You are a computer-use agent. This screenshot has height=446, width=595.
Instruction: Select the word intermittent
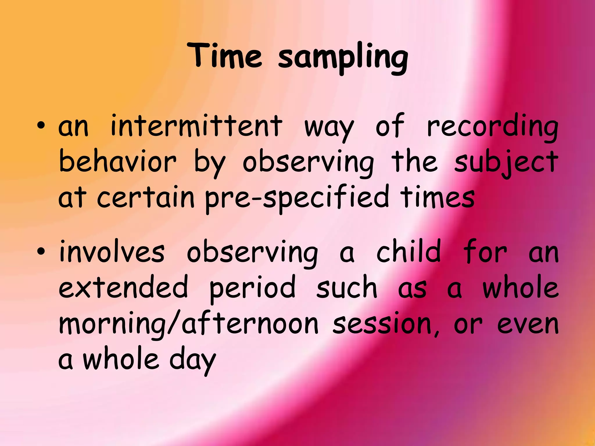(x=196, y=126)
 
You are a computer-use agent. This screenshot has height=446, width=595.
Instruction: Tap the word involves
(x=112, y=251)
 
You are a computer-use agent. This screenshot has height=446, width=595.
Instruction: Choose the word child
(x=408, y=251)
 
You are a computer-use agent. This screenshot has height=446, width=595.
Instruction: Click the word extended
(x=123, y=287)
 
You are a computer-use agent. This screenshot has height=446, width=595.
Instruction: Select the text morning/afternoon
(x=188, y=324)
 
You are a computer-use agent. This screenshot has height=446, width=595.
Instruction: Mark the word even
(x=528, y=324)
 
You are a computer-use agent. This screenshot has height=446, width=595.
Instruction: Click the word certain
(x=145, y=197)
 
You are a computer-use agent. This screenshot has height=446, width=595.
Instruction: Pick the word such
(x=346, y=287)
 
